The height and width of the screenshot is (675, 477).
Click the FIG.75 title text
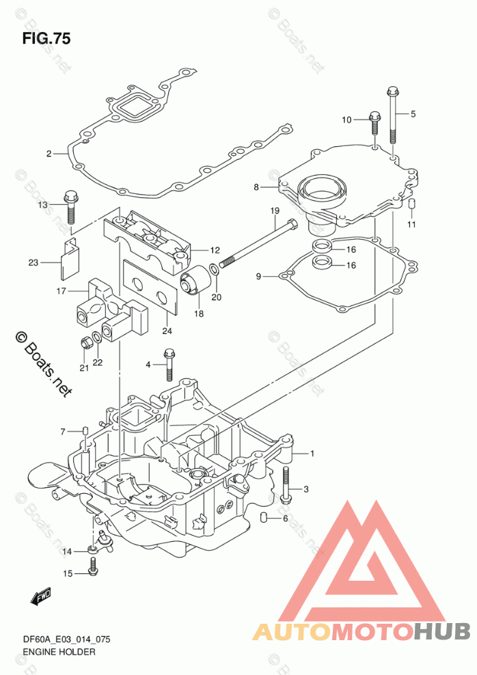click(46, 39)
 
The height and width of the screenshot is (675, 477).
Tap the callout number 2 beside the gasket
click(49, 154)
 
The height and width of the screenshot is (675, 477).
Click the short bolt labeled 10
click(374, 125)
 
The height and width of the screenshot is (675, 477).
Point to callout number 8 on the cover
click(256, 187)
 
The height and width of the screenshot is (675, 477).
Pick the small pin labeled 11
click(411, 205)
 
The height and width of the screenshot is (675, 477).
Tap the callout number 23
click(33, 261)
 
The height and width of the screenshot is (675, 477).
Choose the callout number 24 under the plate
click(167, 331)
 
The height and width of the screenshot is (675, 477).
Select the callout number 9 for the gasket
click(259, 277)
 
